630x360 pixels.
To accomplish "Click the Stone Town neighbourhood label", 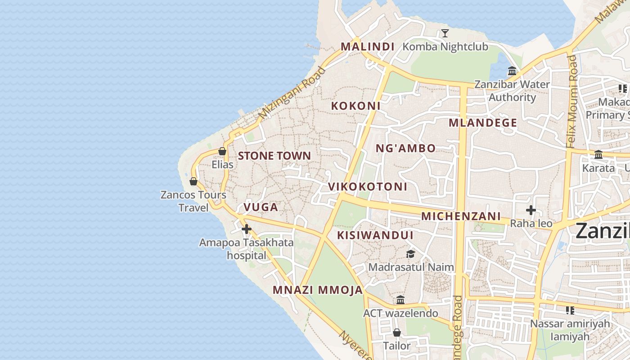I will point(274,156).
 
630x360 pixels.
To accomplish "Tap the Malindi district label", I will point(367,46).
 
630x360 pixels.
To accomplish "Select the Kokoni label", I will point(355,106).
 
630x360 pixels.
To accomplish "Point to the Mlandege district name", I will point(483,122).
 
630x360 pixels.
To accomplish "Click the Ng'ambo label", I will point(405,148).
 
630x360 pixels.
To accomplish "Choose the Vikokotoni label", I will point(367,186).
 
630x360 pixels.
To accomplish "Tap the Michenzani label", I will point(461,216).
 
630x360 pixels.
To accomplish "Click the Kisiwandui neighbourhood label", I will point(375,235).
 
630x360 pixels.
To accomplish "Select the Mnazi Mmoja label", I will point(318,290).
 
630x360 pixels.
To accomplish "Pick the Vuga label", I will point(261,207).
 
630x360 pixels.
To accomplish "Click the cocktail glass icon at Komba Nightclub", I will point(445,33).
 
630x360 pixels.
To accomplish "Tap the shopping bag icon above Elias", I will point(222,151).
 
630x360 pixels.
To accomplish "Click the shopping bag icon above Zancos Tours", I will point(193,181).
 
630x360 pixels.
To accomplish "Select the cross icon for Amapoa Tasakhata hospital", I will point(246,229).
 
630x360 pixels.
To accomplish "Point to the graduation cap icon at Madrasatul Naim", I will point(410,254).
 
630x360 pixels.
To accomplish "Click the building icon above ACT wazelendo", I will point(400,300).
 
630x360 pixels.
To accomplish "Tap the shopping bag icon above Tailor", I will point(396,333).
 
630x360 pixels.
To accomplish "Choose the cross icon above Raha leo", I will point(531,210).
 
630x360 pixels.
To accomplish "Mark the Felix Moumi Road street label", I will point(572,101).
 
